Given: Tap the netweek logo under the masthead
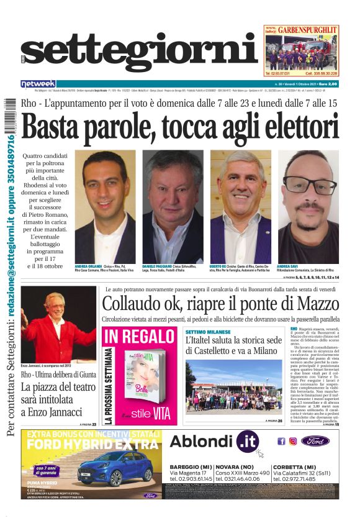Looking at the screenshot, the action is [x=38, y=84].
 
